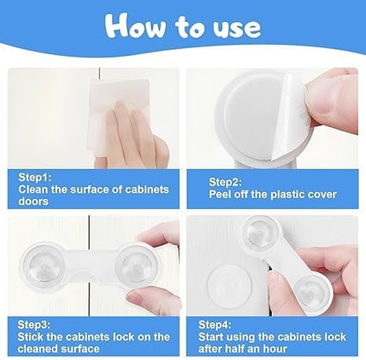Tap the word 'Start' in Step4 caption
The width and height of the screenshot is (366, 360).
click(x=212, y=336)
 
